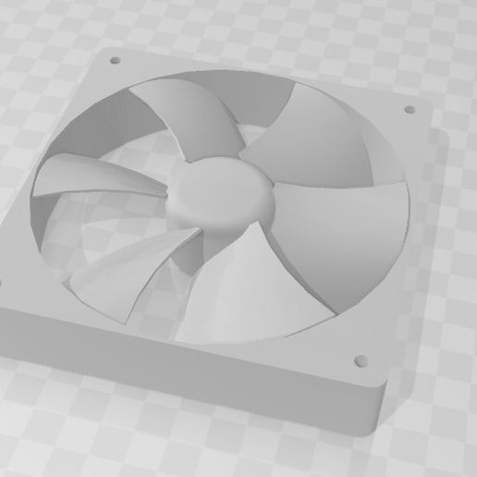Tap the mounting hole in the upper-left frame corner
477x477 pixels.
116,61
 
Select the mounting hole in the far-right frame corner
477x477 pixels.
409,110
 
